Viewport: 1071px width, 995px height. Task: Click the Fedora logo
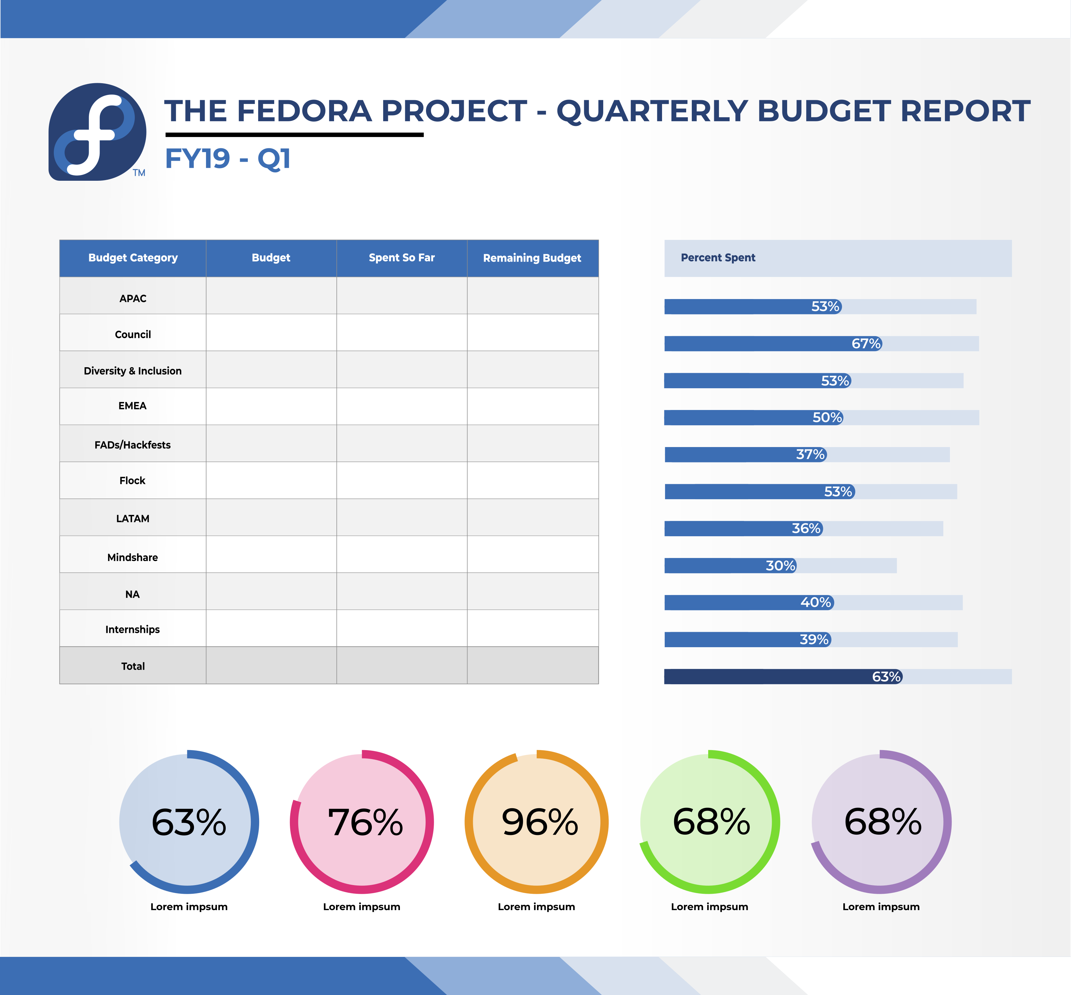(98, 132)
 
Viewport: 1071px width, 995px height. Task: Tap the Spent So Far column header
(402, 258)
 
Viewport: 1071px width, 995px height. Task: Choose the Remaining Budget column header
(532, 258)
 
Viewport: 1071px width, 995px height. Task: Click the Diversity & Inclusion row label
(132, 371)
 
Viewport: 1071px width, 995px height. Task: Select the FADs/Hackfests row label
(132, 445)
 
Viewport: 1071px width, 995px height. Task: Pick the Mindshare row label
(132, 557)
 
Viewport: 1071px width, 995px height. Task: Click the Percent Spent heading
(718, 258)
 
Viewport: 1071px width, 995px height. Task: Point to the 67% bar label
(866, 343)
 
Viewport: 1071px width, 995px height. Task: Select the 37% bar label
(810, 454)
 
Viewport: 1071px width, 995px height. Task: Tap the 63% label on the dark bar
(886, 677)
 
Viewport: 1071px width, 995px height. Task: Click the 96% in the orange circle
(540, 822)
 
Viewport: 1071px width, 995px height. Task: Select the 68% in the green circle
(711, 822)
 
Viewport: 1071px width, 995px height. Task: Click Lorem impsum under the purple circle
(881, 907)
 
